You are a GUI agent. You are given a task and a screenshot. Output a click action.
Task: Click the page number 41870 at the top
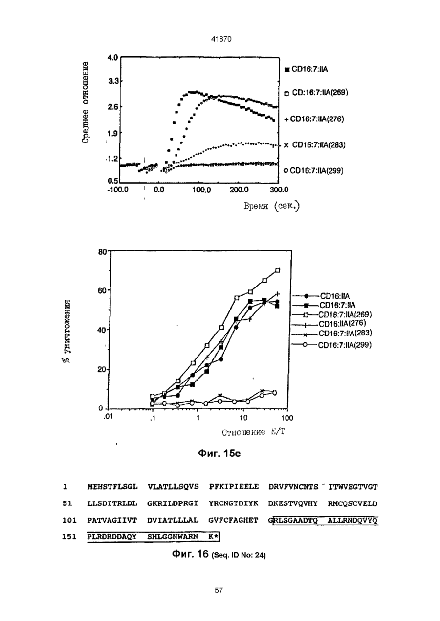coord(221,39)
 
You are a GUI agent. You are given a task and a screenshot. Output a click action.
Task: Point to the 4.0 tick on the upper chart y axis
coord(113,58)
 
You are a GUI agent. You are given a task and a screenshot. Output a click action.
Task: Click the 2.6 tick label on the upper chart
coord(113,107)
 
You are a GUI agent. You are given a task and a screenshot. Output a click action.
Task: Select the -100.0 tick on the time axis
coord(118,190)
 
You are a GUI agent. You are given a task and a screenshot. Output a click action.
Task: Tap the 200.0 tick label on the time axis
coord(239,190)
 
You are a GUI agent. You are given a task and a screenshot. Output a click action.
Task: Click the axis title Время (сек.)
coord(272,206)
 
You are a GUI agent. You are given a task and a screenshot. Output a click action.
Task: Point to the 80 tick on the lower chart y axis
coord(102,252)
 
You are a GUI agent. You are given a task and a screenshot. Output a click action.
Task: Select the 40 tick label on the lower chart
coord(102,330)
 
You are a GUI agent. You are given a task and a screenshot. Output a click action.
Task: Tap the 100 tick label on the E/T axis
coord(288,418)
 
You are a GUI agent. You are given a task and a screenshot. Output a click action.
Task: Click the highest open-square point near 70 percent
coord(278,270)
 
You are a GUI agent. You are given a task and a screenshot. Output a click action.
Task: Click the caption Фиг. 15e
coord(219,454)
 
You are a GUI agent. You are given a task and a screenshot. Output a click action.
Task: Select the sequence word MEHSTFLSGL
coord(112,487)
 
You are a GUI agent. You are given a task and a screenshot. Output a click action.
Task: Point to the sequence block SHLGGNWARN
coord(173,536)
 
